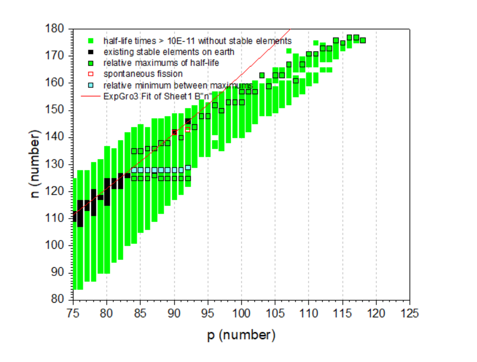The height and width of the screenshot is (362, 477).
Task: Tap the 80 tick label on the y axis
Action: pos(59,299)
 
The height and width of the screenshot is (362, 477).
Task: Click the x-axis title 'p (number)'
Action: pos(241,335)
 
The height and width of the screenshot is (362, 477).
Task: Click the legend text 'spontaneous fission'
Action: pos(143,74)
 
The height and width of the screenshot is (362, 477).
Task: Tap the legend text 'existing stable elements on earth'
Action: pos(169,51)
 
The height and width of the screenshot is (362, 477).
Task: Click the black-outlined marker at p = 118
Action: pos(362,40)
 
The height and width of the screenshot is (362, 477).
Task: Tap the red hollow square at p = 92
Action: pos(187,129)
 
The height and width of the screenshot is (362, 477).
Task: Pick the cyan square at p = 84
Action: pos(134,170)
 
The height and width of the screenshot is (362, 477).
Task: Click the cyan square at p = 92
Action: pos(187,167)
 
